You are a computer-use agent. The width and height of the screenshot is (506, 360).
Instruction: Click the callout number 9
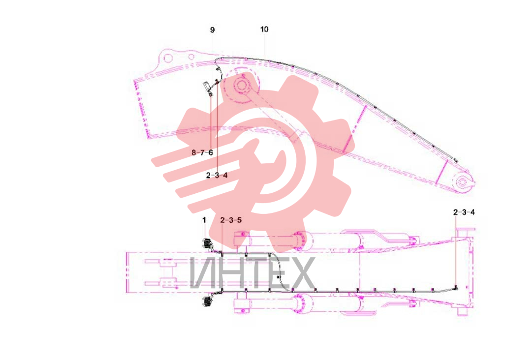coord(212,30)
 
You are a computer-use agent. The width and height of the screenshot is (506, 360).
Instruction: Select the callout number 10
coord(264,30)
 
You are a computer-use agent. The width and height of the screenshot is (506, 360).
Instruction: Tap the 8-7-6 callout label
coord(202,152)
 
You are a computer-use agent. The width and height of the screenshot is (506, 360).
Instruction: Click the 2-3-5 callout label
coord(231,220)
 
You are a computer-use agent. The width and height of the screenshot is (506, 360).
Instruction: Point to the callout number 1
coord(204,220)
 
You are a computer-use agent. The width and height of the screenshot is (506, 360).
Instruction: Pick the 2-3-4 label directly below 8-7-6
coord(217,175)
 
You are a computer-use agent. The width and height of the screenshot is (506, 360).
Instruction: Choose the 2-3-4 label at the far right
coord(464,212)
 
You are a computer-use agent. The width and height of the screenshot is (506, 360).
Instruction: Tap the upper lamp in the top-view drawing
coord(207,243)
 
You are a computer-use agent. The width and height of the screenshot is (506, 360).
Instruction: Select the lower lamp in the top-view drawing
coord(207,301)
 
